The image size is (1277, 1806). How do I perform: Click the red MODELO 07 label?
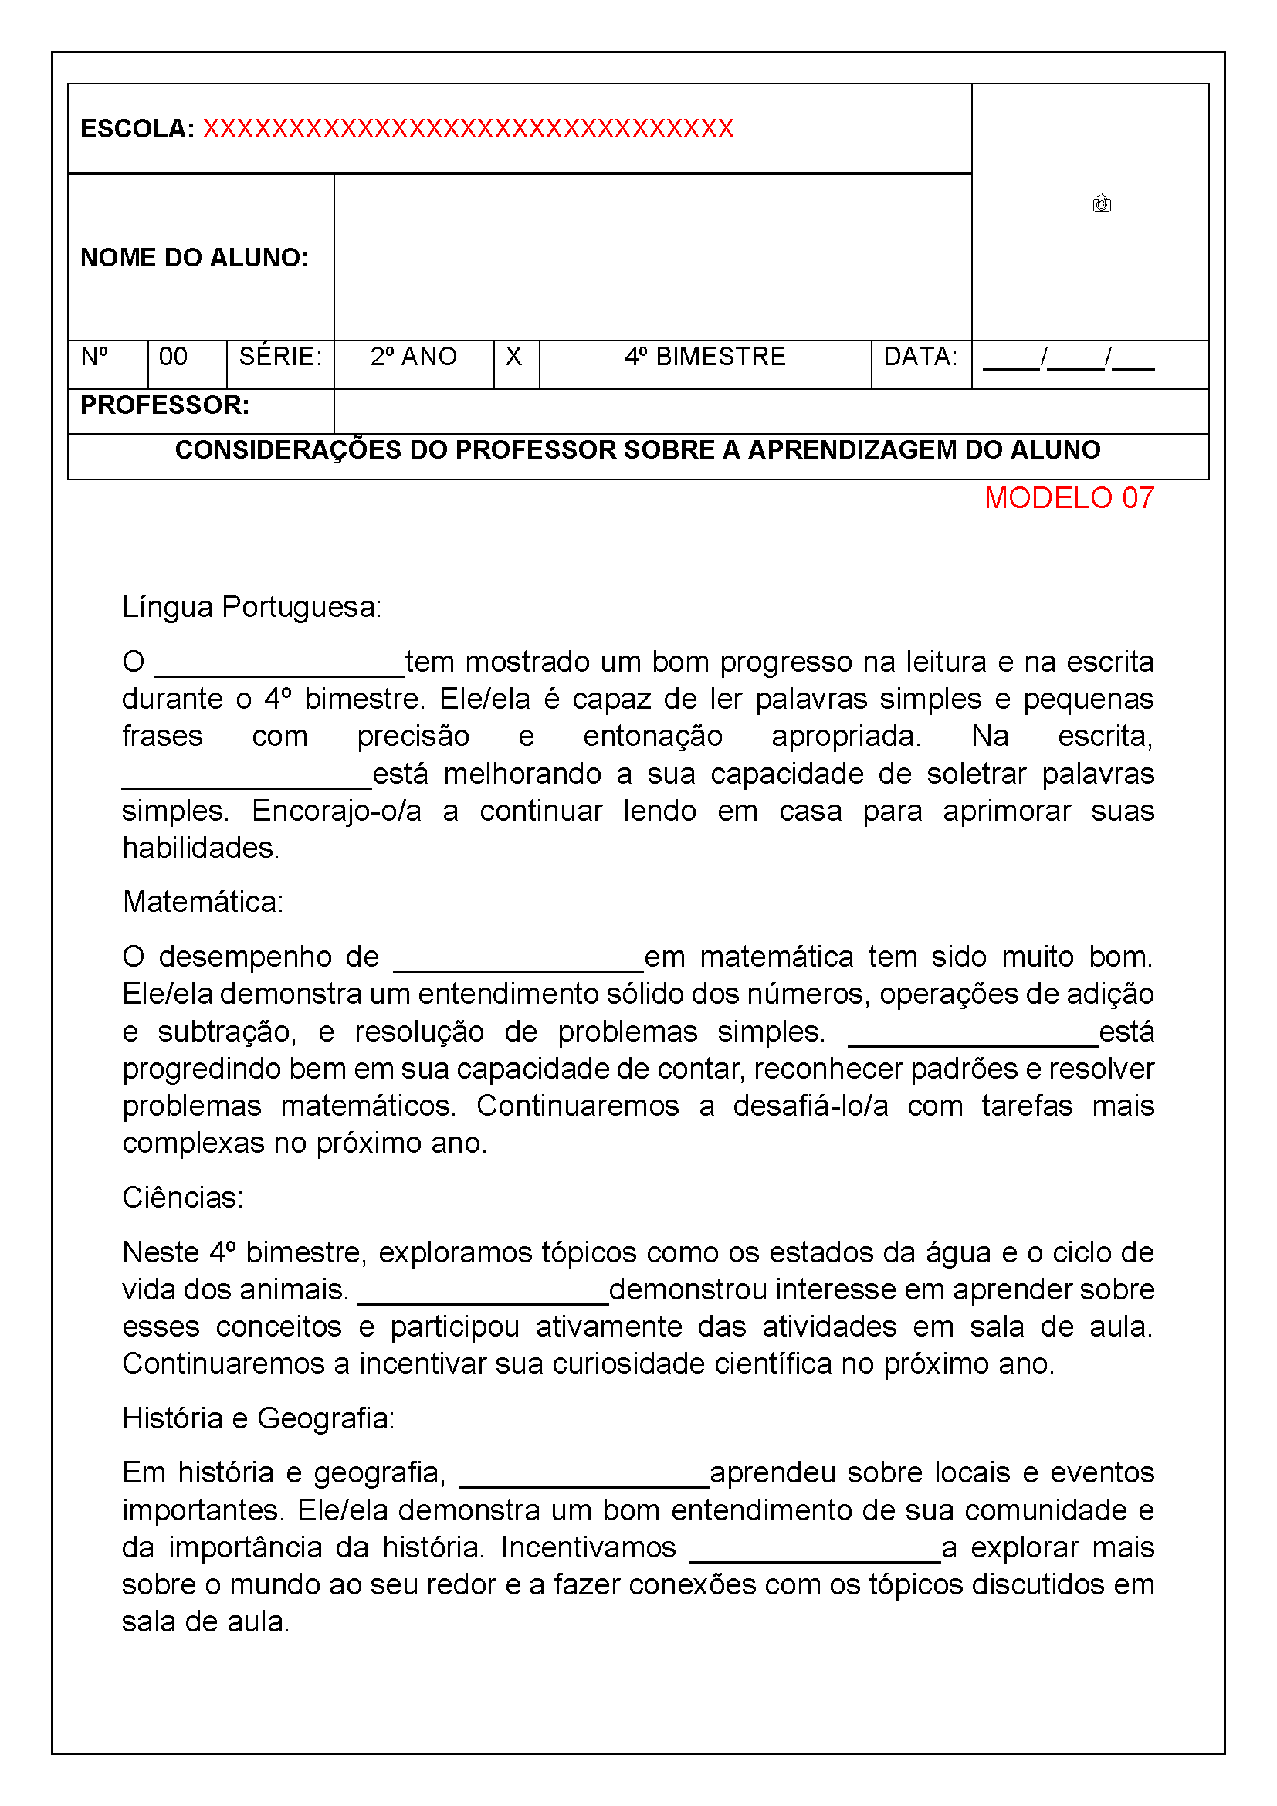pyautogui.click(x=1069, y=498)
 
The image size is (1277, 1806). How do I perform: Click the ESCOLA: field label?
pyautogui.click(x=137, y=129)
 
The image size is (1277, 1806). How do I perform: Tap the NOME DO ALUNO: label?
pyautogui.click(x=195, y=257)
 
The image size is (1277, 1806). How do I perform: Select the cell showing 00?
pyautogui.click(x=174, y=357)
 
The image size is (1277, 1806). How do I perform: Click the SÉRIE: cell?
pyautogui.click(x=280, y=357)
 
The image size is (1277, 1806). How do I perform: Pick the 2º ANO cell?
pyautogui.click(x=414, y=357)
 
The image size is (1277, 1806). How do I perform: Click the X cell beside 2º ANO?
pyautogui.click(x=513, y=357)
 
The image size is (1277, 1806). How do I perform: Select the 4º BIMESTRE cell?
pyautogui.click(x=705, y=357)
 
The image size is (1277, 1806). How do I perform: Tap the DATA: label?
pyautogui.click(x=920, y=357)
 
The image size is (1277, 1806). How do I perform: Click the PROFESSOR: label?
pyautogui.click(x=164, y=405)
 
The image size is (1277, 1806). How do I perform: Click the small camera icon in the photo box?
pyautogui.click(x=1101, y=204)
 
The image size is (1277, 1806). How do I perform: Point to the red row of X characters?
pyautogui.click(x=469, y=129)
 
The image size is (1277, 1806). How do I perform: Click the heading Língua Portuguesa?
pyautogui.click(x=252, y=607)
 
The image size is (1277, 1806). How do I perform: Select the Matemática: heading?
pyautogui.click(x=203, y=902)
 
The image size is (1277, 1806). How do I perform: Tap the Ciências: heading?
pyautogui.click(x=182, y=1198)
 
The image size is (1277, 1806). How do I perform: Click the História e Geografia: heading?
pyautogui.click(x=258, y=1418)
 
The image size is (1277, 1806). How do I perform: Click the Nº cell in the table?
pyautogui.click(x=95, y=357)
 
